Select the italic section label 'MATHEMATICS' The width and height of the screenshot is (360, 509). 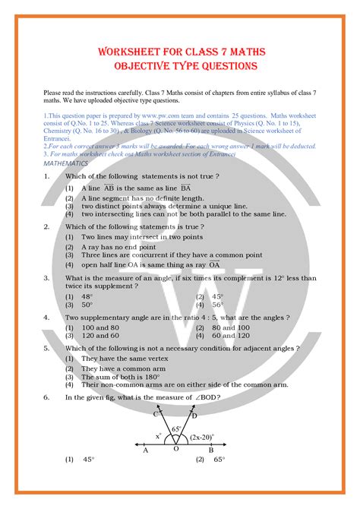click(x=66, y=163)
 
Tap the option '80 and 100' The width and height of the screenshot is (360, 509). click(x=231, y=327)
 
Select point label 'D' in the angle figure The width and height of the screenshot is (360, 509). click(x=194, y=416)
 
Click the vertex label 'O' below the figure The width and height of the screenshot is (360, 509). click(x=175, y=450)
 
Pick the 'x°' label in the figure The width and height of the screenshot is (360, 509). click(x=159, y=436)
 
